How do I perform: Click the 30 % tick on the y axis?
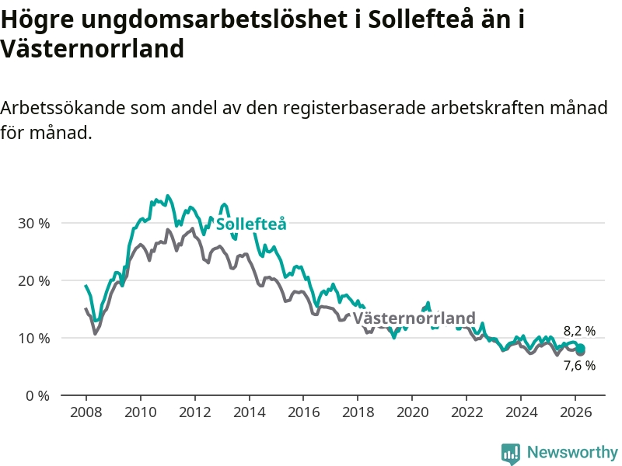point(33,223)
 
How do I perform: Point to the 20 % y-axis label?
point(33,280)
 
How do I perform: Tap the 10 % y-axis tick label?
point(33,338)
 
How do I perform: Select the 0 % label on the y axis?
point(37,395)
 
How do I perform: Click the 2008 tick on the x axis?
point(86,412)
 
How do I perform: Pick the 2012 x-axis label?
point(194,412)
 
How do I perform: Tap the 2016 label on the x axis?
point(303,412)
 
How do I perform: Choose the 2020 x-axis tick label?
point(412,412)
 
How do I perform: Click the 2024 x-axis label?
point(521,412)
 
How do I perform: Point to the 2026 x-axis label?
point(575,412)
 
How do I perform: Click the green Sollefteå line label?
point(251,224)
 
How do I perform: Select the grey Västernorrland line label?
point(414,318)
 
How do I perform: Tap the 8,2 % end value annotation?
point(579,331)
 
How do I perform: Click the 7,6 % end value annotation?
point(579,365)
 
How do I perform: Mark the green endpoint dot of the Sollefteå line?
point(580,348)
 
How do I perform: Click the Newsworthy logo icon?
point(511,453)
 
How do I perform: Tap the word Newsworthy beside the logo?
point(572,452)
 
